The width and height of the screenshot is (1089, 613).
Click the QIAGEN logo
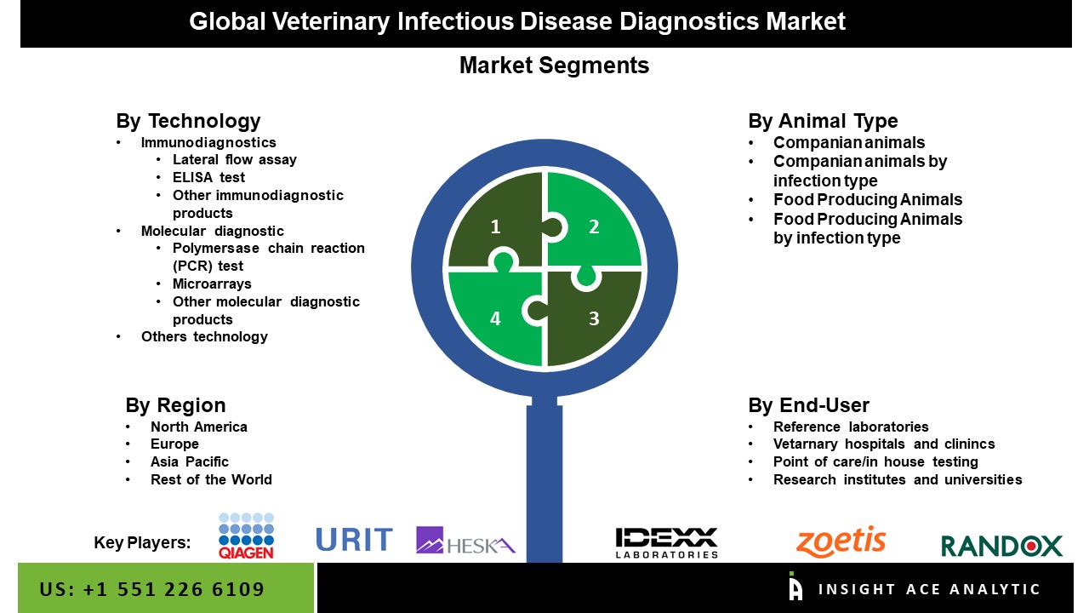[246, 536]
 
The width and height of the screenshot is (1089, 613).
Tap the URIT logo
[355, 540]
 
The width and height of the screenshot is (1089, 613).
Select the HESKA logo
[465, 541]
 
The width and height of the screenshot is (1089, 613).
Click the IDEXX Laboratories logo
[666, 542]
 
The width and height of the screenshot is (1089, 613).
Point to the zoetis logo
[841, 541]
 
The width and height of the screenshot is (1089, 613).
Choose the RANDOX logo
[1002, 546]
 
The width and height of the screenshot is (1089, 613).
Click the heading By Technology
[188, 121]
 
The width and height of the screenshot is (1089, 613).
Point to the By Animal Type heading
[823, 121]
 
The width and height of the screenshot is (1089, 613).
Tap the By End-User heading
[808, 404]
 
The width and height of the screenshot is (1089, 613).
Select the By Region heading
[175, 404]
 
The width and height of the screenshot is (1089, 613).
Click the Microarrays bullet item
[212, 284]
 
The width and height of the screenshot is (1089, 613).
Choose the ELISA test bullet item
[208, 177]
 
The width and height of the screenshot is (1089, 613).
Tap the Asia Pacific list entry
[190, 461]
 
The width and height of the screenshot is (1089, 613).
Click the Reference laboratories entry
[851, 427]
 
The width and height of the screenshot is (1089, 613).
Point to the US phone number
[151, 589]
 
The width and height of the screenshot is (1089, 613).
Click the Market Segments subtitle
[554, 66]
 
